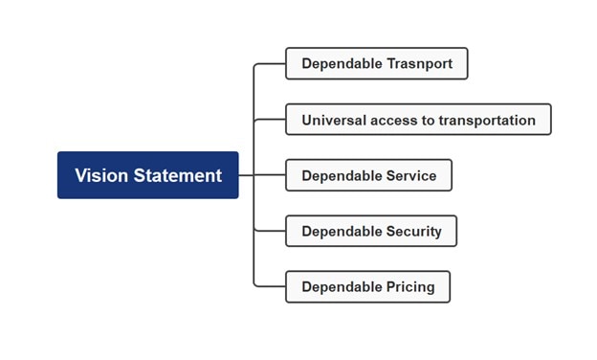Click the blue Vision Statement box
click(x=147, y=175)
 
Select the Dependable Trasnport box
click(x=376, y=63)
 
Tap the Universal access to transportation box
click(x=418, y=120)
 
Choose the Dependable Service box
click(x=368, y=175)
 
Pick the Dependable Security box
click(x=371, y=231)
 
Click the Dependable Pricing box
click(x=367, y=286)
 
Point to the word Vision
click(x=102, y=175)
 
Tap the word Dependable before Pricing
click(x=339, y=286)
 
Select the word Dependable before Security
click(x=339, y=231)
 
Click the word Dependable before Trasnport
click(x=339, y=63)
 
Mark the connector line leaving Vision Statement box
click(x=246, y=175)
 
